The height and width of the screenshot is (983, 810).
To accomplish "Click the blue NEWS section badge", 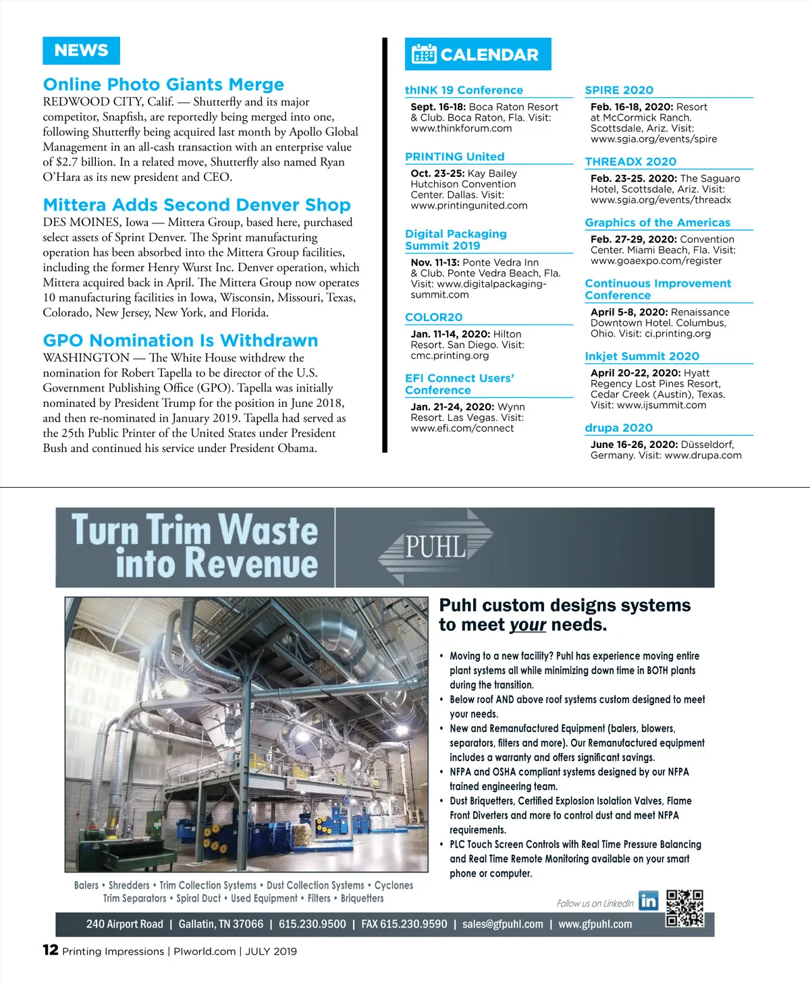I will (81, 51).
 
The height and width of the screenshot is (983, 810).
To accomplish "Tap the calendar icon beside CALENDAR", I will (424, 54).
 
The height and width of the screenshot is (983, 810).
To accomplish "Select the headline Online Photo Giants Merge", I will (163, 84).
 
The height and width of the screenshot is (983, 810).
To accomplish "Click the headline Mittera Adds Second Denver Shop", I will (196, 204).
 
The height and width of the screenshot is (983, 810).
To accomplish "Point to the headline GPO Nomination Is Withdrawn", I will (180, 340).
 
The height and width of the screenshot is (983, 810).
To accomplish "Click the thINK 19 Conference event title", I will (464, 90).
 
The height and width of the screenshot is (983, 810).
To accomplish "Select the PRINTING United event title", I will (454, 157).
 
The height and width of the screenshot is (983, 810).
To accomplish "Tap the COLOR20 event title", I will (433, 317).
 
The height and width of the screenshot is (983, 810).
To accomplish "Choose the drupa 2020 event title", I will (618, 428).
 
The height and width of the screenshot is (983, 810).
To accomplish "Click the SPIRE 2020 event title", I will (619, 90).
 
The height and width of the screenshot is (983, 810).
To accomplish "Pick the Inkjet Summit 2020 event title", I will (642, 356).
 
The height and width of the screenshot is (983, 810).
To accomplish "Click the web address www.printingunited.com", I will (469, 206).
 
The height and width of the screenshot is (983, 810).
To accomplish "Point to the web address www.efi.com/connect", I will (462, 428).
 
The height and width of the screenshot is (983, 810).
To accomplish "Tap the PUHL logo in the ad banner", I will (436, 546).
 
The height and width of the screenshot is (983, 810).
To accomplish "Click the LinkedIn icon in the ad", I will (649, 901).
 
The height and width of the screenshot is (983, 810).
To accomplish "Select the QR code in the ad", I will (684, 907).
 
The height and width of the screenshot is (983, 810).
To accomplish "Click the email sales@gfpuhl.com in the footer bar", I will (503, 924).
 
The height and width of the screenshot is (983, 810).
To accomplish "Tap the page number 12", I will (50, 950).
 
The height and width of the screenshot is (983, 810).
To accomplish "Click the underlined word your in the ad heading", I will (528, 625).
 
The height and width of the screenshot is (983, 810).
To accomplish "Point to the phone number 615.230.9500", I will (312, 924).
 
